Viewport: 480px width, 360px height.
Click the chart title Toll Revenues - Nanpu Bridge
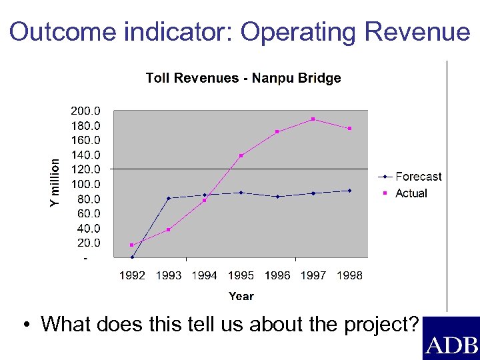pos(243,78)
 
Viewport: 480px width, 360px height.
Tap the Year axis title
pos(241,296)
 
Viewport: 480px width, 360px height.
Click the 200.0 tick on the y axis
pos(86,111)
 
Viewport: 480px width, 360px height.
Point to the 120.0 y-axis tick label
pos(86,169)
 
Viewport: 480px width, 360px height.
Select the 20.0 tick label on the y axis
pos(89,243)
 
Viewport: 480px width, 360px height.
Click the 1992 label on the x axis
pos(132,275)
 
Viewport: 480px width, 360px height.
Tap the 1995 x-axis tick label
pos(241,275)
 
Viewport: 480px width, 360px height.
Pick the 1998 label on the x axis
pos(349,275)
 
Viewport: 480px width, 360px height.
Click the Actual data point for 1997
pos(313,119)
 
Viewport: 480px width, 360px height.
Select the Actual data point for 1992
pos(132,245)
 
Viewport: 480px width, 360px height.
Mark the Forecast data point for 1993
pos(169,198)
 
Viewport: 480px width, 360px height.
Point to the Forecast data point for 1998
pos(349,191)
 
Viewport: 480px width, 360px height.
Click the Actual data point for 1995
pos(241,155)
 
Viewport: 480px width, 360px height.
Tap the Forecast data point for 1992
pos(132,257)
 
